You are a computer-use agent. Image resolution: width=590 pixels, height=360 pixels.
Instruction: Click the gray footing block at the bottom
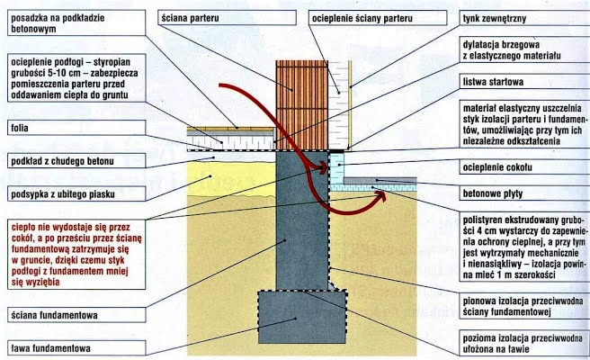click(x=301, y=319)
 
